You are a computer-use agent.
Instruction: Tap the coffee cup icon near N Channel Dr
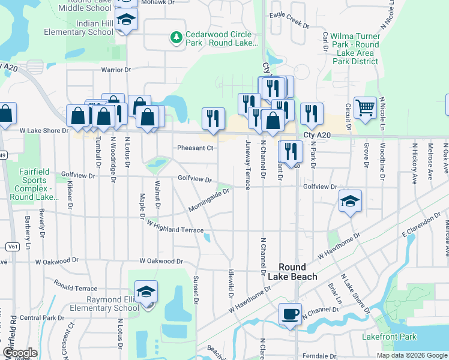290,314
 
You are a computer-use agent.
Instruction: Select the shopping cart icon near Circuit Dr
365,108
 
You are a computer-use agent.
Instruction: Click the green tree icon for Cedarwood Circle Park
176,38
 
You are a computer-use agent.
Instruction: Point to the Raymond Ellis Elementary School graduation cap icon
146,292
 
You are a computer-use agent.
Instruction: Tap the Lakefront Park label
389,337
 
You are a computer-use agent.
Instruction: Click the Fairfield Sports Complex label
29,180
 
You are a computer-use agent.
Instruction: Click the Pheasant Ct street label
195,148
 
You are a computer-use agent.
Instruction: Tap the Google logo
19,353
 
